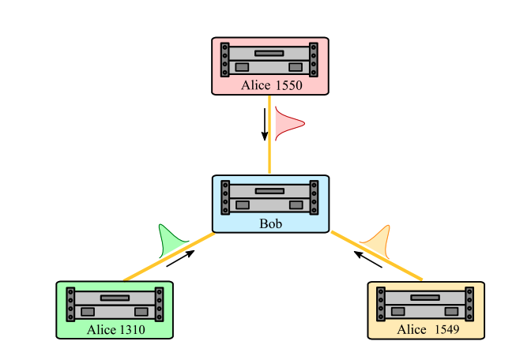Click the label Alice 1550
click(x=271, y=86)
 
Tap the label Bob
click(x=270, y=223)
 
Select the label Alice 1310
click(x=115, y=330)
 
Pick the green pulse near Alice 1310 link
click(x=171, y=240)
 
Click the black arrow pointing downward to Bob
click(x=264, y=124)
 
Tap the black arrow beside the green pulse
click(x=180, y=259)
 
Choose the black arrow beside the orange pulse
click(x=368, y=260)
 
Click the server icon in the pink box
click(x=269, y=58)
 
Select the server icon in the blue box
click(x=270, y=197)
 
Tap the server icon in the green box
click(x=115, y=303)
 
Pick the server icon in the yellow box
click(x=426, y=303)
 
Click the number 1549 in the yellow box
click(x=446, y=330)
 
